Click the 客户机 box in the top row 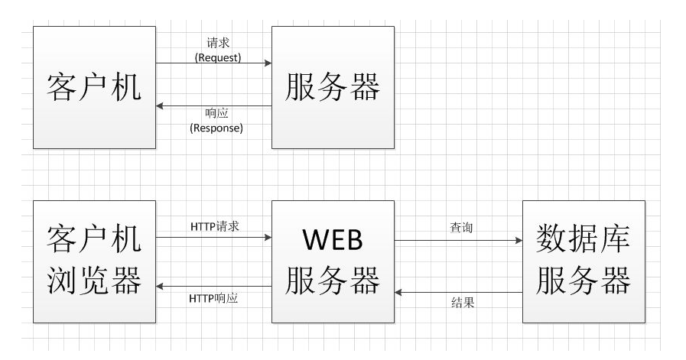[x=95, y=88]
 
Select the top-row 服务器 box [x=333, y=88]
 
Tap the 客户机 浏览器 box [x=95, y=261]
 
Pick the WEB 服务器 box [x=333, y=261]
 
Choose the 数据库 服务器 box [x=584, y=261]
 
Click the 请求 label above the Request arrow [x=218, y=44]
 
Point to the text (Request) [x=218, y=57]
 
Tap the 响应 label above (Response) [x=216, y=114]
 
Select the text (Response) [x=216, y=128]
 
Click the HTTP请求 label [x=215, y=226]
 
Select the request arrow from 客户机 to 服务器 [x=214, y=63]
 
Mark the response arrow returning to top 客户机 [x=214, y=105]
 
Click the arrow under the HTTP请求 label [x=214, y=237]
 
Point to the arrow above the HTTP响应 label [x=214, y=287]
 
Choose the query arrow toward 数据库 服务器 [x=459, y=241]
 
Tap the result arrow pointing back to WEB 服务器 [x=459, y=290]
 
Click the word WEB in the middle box [x=333, y=241]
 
